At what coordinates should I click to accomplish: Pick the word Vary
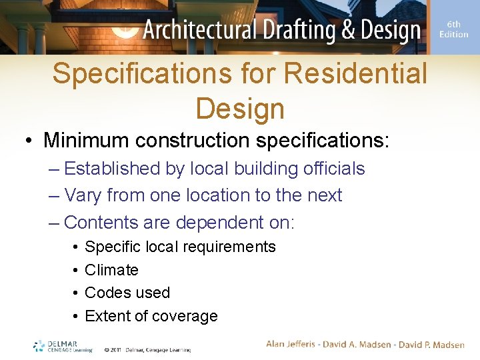[x=83, y=195]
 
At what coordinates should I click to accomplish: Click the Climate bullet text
[x=111, y=270]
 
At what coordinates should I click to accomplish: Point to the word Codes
[x=107, y=293]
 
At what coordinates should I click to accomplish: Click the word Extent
[x=107, y=316]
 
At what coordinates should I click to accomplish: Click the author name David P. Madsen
[x=432, y=344]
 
